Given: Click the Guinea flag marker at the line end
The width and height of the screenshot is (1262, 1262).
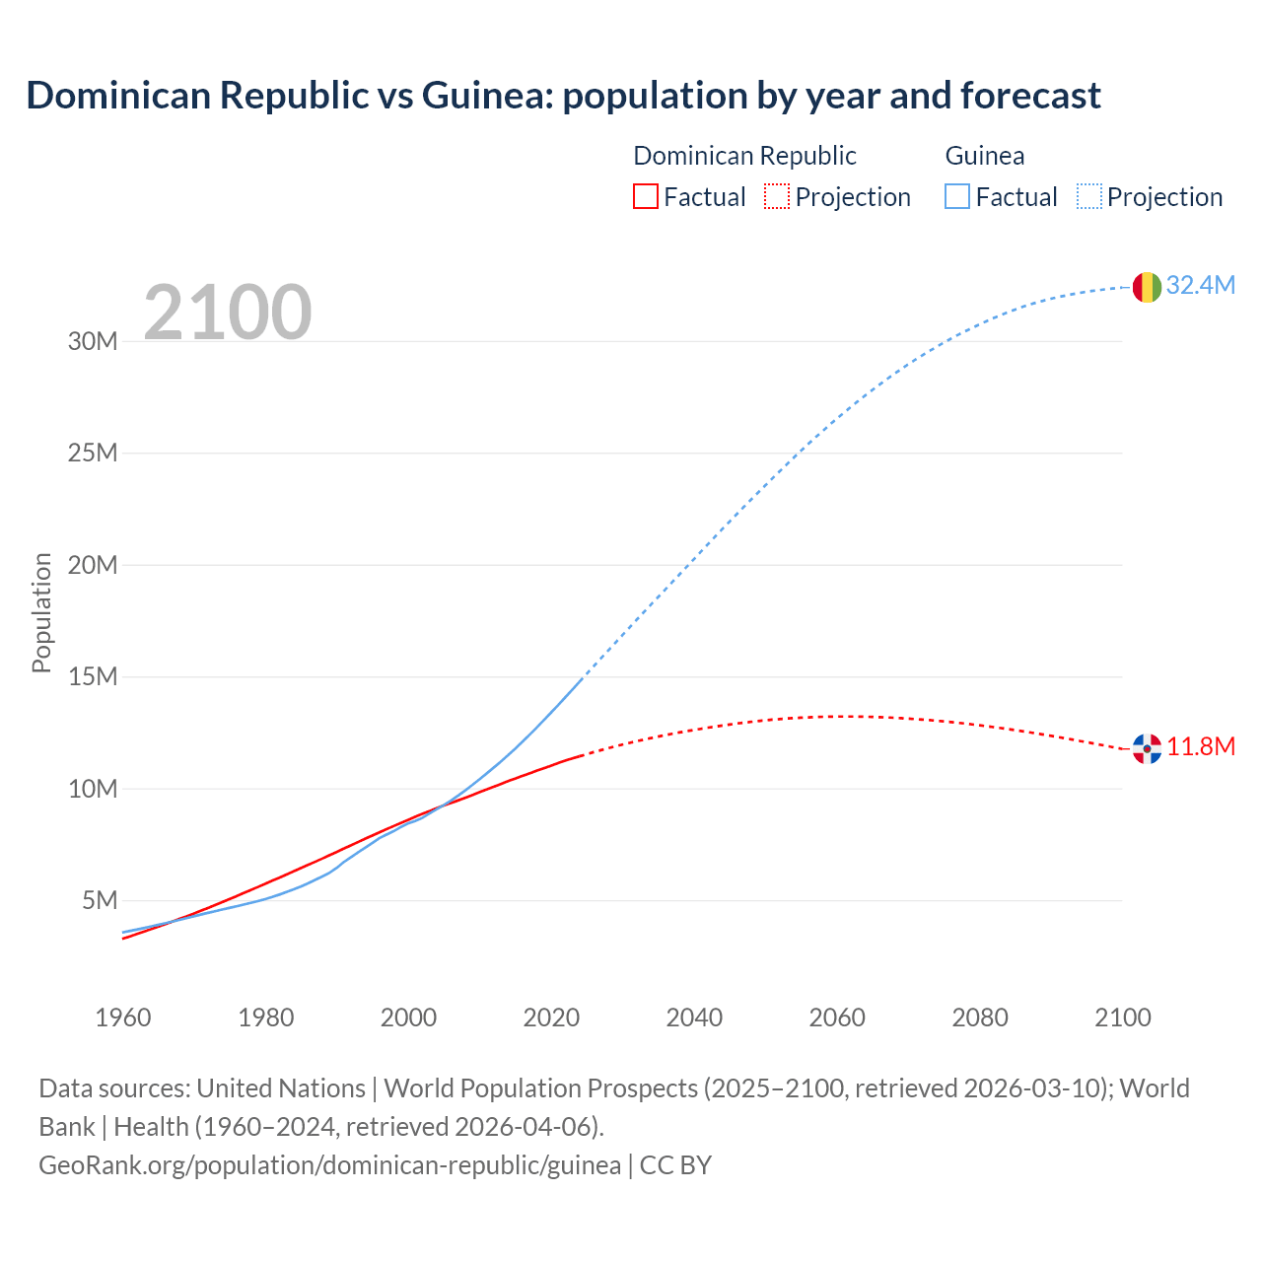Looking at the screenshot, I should point(1147,287).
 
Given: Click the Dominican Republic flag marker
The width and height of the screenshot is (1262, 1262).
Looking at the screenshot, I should point(1147,748).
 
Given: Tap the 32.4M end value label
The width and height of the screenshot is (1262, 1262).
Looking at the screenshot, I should point(1200,285).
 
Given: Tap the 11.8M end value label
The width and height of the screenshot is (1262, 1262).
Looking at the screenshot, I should point(1201,746).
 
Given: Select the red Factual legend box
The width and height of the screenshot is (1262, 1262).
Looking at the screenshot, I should point(645,196).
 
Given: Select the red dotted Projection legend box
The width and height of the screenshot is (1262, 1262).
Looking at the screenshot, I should point(777,196).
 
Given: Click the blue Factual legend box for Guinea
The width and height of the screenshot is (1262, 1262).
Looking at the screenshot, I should point(957,196).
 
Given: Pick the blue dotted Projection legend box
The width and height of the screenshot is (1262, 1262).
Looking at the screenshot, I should point(1089,196).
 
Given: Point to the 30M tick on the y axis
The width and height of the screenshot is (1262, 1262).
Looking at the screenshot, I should point(93,341).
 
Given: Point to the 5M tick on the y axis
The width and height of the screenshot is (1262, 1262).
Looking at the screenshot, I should point(100,900).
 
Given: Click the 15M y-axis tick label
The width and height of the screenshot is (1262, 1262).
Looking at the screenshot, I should point(93,676).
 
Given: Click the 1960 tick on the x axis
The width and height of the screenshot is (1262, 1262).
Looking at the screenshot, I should point(123,1017).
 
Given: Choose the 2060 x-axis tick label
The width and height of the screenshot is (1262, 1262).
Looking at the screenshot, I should point(837,1017).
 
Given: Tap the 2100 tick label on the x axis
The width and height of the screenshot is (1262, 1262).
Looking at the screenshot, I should point(1122,1017).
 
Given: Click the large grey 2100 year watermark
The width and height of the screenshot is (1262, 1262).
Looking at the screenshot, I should point(228,313).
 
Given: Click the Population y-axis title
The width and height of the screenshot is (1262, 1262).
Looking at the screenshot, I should point(41,612).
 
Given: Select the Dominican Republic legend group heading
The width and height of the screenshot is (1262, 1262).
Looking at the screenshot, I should point(744,156).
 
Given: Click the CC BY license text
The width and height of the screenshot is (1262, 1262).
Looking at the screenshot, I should point(675,1164).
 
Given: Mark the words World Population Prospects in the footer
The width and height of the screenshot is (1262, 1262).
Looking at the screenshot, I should point(540,1087).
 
